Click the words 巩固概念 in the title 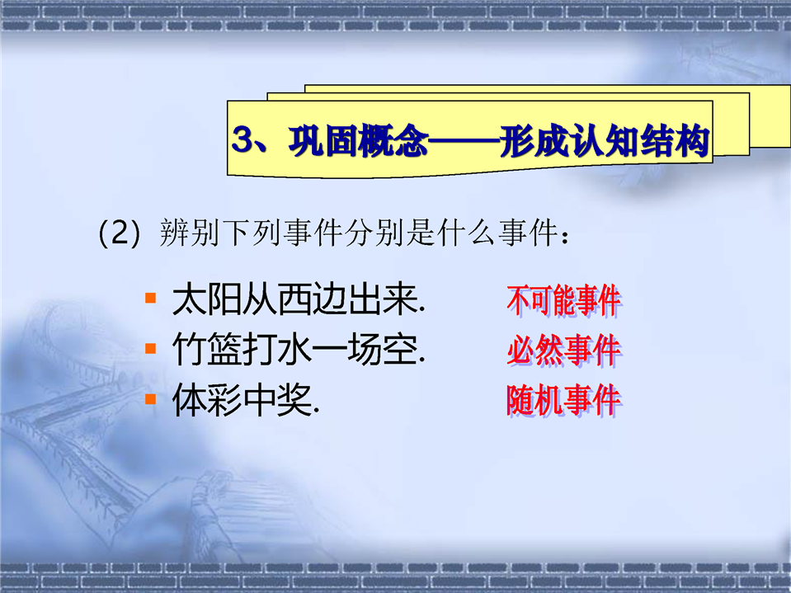[x=358, y=140]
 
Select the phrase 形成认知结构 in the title [x=605, y=140]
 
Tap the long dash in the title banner [x=464, y=141]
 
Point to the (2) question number [x=119, y=233]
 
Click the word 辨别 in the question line [x=190, y=233]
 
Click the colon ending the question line [x=565, y=237]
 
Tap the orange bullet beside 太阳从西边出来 [x=150, y=298]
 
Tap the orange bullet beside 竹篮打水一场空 [x=150, y=348]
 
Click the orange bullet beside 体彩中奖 [x=150, y=399]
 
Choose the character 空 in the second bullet [x=400, y=349]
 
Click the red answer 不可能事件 [x=564, y=301]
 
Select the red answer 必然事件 [x=564, y=350]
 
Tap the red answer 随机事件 [x=564, y=400]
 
